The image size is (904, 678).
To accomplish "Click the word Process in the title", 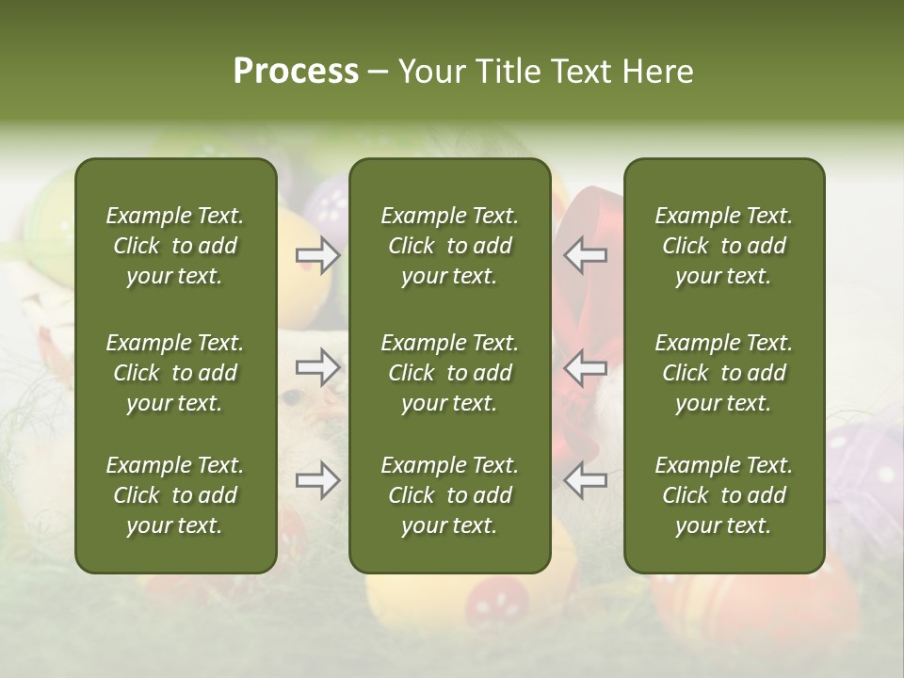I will click(x=296, y=72).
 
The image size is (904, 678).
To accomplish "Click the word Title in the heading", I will click(x=508, y=72).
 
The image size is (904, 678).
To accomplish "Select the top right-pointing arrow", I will click(x=318, y=255).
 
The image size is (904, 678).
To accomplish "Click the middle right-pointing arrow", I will click(x=318, y=367).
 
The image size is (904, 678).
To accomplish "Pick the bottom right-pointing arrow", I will click(x=318, y=480).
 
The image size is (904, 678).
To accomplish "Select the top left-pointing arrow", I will click(x=585, y=255).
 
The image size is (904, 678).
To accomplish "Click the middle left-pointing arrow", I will click(x=585, y=367).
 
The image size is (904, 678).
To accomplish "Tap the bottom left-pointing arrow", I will click(x=585, y=480).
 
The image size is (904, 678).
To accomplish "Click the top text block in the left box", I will click(x=175, y=246).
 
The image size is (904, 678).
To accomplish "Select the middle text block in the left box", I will click(x=175, y=373).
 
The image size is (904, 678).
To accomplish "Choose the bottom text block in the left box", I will click(x=175, y=495).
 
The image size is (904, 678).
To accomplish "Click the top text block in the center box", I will click(x=449, y=246).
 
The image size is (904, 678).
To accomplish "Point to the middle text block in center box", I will click(x=449, y=373).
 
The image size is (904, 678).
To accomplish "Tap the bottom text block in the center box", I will click(x=449, y=495).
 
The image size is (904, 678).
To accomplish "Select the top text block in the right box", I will click(x=723, y=246).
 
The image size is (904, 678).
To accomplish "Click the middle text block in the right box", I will click(x=723, y=373).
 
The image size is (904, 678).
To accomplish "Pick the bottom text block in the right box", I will click(x=723, y=495).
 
